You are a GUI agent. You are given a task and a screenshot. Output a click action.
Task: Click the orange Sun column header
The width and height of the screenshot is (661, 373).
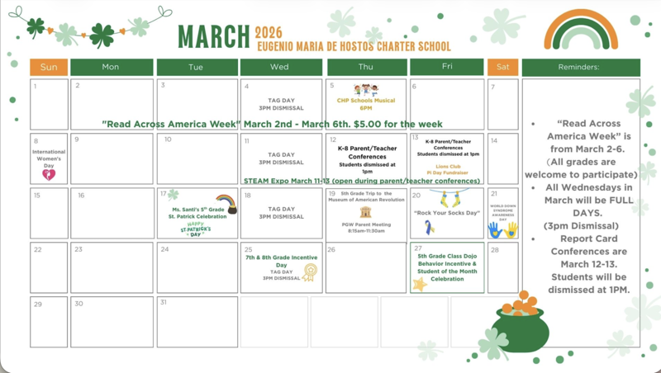pos(49,67)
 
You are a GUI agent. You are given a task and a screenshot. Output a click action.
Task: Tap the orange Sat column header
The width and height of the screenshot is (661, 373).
pos(502,67)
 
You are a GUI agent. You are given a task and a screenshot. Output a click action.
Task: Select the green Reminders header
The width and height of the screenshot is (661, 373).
pos(579,67)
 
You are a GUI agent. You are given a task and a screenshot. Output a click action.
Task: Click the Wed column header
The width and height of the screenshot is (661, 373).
pos(280,67)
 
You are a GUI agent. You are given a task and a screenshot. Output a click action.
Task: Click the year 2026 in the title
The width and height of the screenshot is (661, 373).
pos(268,32)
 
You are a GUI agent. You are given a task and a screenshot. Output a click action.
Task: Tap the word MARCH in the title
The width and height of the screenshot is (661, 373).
pos(213,37)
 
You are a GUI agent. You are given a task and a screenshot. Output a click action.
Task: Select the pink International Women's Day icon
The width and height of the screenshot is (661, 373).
pos(49,174)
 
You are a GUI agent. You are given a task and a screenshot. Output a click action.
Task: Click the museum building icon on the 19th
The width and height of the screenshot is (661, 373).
pos(366,212)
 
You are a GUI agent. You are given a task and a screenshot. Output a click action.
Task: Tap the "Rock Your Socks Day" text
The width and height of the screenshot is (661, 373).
pos(447,213)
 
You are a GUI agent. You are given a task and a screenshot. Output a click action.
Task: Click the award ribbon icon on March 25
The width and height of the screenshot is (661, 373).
pos(310,271)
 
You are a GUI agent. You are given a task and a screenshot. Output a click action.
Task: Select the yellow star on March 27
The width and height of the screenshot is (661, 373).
pos(420,284)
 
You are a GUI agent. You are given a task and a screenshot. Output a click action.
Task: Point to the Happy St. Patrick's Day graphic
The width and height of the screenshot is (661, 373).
pos(195,229)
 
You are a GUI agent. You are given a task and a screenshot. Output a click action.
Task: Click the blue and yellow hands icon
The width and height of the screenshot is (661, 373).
pos(502,230)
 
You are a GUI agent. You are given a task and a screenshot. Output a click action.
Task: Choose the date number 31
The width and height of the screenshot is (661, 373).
pos(164,303)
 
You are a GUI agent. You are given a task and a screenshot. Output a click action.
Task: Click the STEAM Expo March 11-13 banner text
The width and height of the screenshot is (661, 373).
pos(361,181)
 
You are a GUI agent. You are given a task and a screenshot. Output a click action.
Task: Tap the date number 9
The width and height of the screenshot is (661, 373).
pos(77,139)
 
